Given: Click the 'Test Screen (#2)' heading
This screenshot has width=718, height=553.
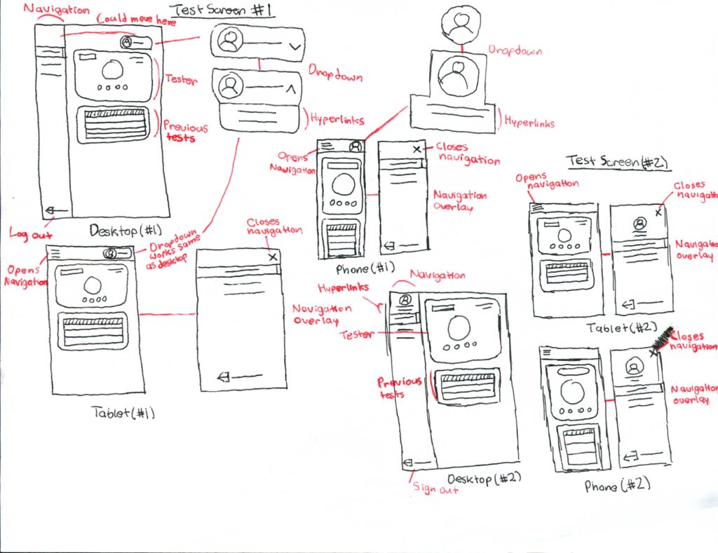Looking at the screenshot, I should [x=617, y=161].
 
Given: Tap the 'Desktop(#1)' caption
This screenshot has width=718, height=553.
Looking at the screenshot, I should [x=124, y=231].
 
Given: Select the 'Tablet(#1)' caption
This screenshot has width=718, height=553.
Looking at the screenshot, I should [x=123, y=413].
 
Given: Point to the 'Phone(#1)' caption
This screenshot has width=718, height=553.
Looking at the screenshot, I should [x=365, y=267].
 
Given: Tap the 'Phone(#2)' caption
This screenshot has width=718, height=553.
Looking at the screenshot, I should [x=618, y=485].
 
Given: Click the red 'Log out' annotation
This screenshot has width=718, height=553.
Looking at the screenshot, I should [x=28, y=234].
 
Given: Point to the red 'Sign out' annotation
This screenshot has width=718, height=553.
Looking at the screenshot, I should [x=435, y=489].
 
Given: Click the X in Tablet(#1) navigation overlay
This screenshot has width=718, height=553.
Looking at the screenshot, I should [x=273, y=257].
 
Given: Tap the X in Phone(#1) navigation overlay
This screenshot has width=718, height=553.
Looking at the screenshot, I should [x=417, y=149].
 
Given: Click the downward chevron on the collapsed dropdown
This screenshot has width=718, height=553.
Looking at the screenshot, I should [x=294, y=47].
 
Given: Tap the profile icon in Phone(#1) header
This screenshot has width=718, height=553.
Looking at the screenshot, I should [x=355, y=146].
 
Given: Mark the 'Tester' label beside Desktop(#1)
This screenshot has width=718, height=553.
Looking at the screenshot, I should [x=182, y=79].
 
